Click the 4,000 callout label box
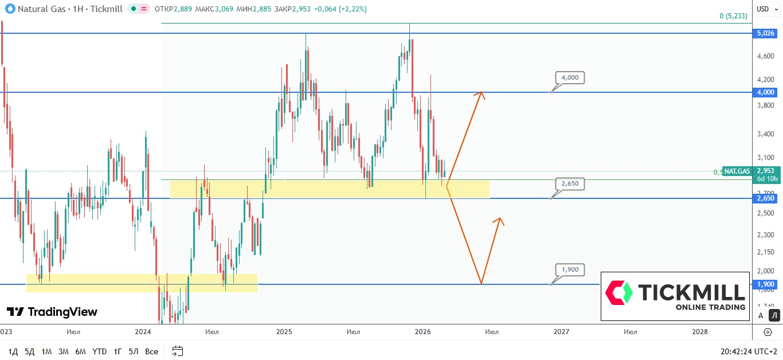point(570,77)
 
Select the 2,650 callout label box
point(570,183)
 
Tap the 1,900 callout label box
point(570,269)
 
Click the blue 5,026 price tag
point(765,33)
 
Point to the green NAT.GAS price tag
point(737,171)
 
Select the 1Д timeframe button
point(13,351)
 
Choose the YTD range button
point(100,351)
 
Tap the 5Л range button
point(134,351)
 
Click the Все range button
point(151,351)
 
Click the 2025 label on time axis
point(284,331)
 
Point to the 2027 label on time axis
point(561,331)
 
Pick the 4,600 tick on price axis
point(765,56)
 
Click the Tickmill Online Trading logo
point(675,296)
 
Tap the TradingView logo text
point(52,312)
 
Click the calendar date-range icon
point(177,351)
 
